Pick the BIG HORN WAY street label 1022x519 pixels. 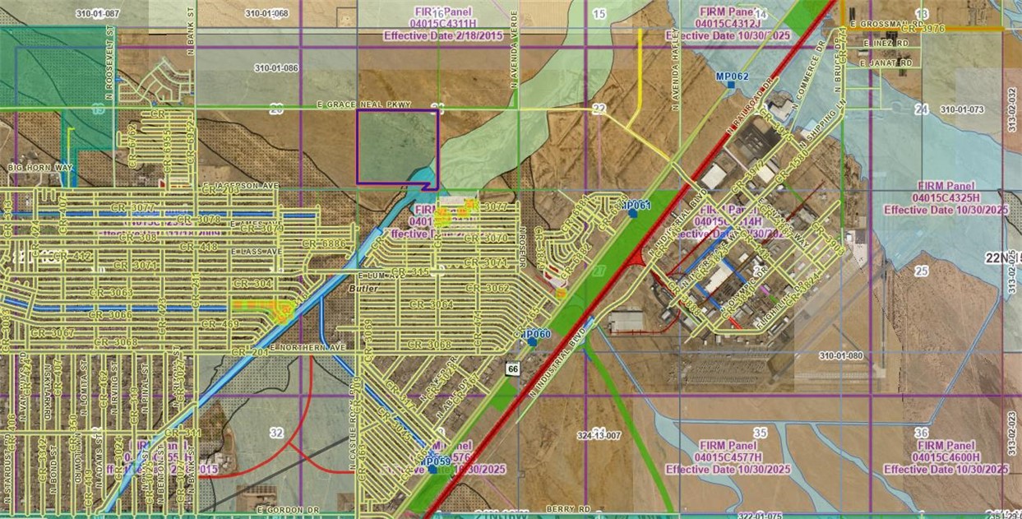point(40,168)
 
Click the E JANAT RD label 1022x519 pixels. point(886,63)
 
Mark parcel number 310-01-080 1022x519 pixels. point(841,355)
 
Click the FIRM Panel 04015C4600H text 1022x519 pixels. point(946,456)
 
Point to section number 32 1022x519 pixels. point(276,432)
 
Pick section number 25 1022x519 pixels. point(921,271)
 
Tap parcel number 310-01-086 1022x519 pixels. point(276,67)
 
